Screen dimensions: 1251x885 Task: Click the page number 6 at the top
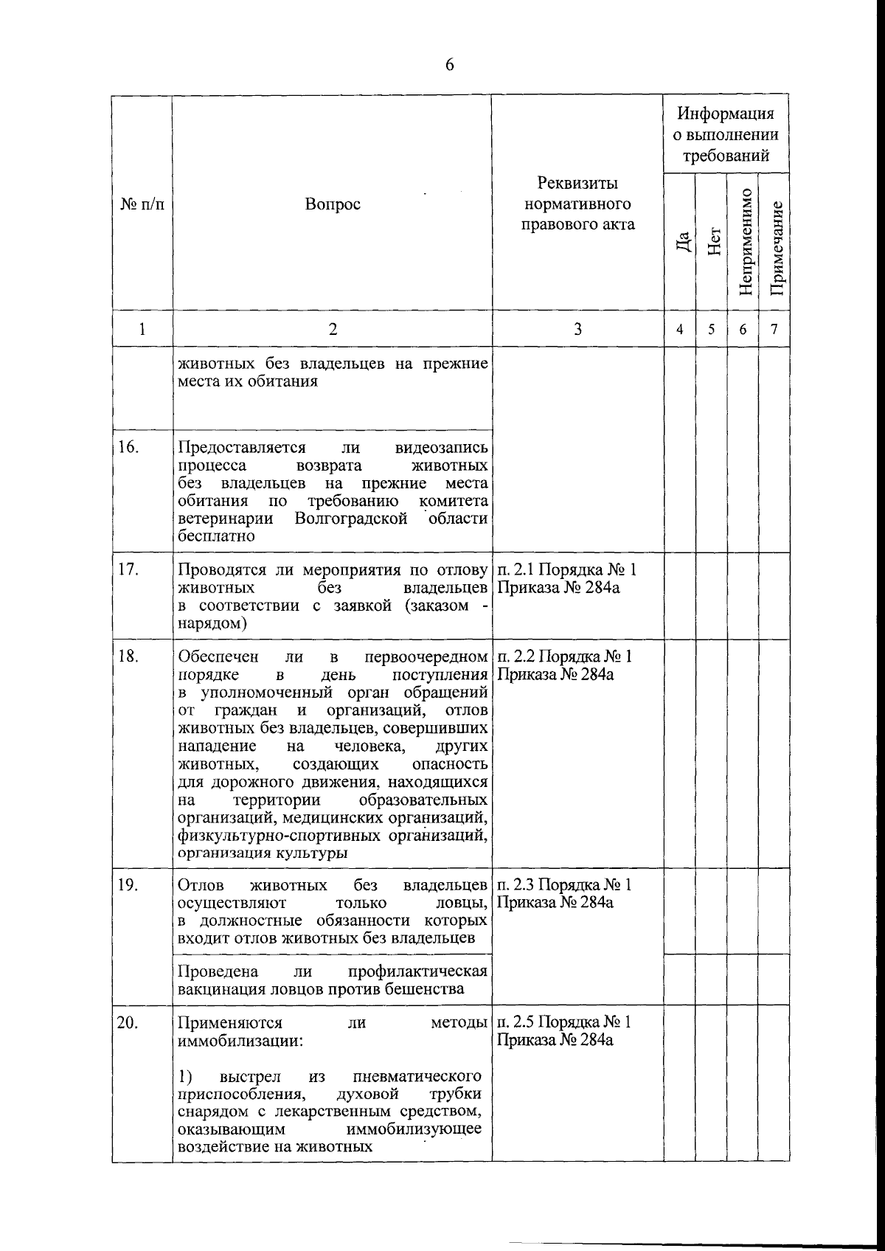coord(450,65)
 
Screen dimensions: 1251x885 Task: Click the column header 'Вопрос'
coord(333,204)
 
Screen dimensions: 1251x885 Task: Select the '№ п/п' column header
coord(142,204)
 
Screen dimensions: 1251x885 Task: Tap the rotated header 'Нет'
coord(712,240)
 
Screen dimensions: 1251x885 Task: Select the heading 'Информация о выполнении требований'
coord(726,134)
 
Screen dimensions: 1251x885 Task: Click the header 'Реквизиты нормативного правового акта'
coord(577,204)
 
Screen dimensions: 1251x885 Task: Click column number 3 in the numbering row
coord(577,329)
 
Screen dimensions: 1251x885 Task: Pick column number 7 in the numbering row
coord(774,330)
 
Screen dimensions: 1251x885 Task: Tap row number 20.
coord(129,1023)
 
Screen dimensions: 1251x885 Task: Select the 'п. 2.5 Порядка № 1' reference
coord(565,1022)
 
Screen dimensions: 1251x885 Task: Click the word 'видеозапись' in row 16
coord(441,448)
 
